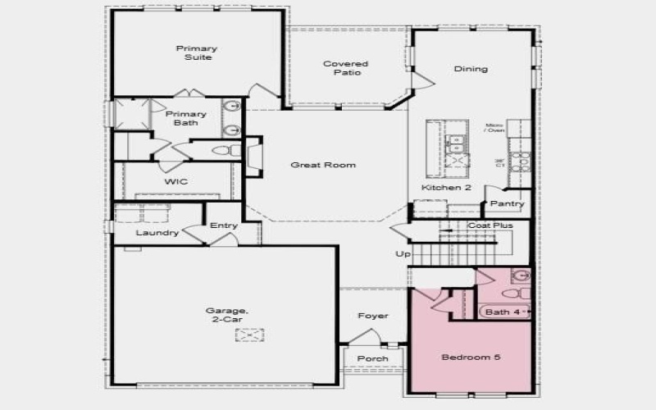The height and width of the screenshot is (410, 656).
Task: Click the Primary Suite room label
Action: click(197, 53)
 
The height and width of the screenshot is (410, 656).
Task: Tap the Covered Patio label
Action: click(345, 68)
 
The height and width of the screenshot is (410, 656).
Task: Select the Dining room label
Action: click(471, 69)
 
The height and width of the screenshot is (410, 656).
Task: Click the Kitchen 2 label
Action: click(446, 188)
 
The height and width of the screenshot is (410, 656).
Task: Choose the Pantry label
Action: click(507, 203)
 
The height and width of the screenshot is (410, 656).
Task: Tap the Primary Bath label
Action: click(186, 119)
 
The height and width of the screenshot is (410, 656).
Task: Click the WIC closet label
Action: click(176, 181)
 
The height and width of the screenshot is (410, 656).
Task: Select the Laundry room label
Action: click(158, 233)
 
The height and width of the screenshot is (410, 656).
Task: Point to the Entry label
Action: click(223, 225)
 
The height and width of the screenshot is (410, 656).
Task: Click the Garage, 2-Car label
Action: click(225, 314)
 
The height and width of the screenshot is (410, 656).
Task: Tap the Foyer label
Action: click(373, 316)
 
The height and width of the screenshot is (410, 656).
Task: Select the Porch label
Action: click(372, 358)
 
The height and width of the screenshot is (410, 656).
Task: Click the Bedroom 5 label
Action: click(471, 358)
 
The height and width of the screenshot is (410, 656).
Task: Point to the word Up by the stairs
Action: click(403, 254)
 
